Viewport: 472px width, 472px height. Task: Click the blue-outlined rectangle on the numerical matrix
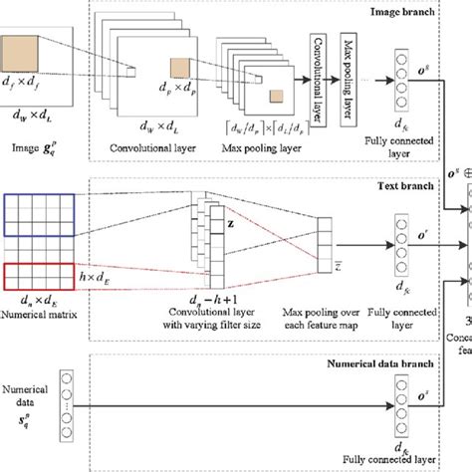pos(39,212)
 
